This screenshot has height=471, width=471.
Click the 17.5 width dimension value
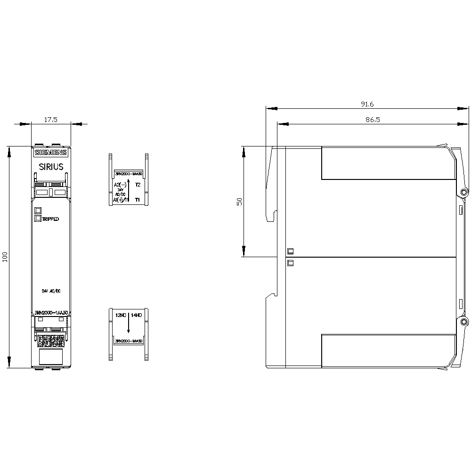(x=50, y=120)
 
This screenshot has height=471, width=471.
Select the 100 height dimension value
(x=6, y=257)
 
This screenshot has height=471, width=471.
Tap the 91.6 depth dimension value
(x=366, y=104)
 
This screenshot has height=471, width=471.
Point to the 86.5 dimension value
(x=373, y=120)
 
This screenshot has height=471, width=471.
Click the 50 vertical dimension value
(x=239, y=201)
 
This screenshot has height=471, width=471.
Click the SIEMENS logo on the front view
(x=51, y=152)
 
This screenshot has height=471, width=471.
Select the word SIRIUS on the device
(x=51, y=166)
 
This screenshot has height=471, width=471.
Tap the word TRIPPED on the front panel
(x=51, y=219)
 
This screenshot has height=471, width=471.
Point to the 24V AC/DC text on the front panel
(x=51, y=291)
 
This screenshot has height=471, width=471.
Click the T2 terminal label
(x=138, y=185)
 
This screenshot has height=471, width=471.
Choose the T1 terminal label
(x=138, y=200)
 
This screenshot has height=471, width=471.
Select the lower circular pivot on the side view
(x=464, y=322)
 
